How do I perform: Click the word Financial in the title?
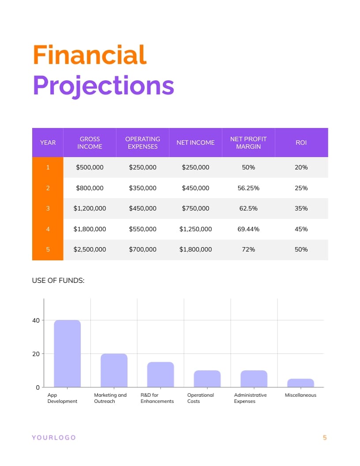point(90,56)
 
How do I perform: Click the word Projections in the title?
point(103,86)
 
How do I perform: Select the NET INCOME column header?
point(195,143)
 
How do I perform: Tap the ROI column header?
point(301,143)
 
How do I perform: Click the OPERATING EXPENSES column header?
point(142,143)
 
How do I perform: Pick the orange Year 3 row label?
point(48,208)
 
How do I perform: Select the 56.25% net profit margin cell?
point(248,188)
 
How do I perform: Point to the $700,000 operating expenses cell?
point(142,249)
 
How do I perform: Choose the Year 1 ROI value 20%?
point(301,167)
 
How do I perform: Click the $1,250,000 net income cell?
point(195,229)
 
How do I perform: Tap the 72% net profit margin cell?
point(248,249)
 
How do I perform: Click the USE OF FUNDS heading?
point(58,280)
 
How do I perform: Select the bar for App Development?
point(67,353)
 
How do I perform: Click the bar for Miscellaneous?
point(300,383)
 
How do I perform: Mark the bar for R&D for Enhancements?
point(161,374)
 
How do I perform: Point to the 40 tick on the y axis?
point(36,320)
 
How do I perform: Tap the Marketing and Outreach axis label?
point(110,398)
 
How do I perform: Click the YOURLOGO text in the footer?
point(54,437)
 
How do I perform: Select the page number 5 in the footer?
point(325,437)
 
